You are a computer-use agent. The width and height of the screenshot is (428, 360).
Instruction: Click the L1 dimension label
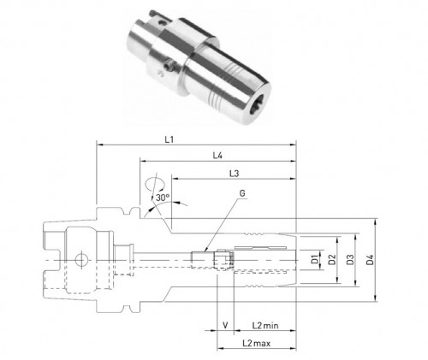(169, 139)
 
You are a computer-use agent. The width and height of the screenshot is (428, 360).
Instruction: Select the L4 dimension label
(217, 156)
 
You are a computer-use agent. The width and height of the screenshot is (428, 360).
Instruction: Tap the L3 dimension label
(234, 174)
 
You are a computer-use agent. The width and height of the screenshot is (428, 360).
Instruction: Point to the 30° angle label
(163, 198)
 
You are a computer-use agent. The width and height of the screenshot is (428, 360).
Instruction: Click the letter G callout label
(242, 193)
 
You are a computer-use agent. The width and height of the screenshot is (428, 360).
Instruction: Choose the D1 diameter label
(314, 260)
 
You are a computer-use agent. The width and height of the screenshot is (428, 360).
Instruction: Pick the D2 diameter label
(332, 260)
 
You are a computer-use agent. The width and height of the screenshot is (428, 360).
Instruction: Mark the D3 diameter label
(350, 260)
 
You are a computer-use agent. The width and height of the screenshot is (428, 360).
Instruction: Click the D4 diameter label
(370, 260)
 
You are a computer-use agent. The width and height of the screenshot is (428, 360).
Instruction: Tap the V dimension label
(225, 325)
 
